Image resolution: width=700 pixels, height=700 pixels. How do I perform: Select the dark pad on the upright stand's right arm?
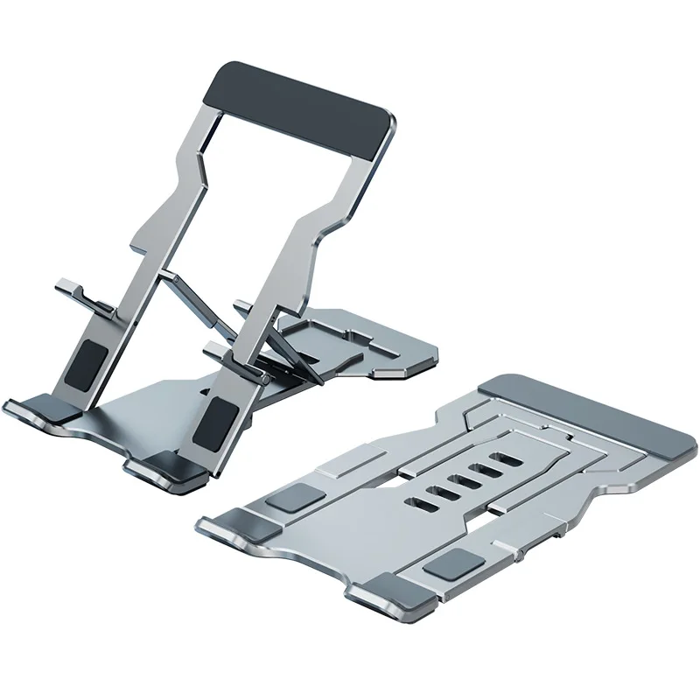click(213, 417)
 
